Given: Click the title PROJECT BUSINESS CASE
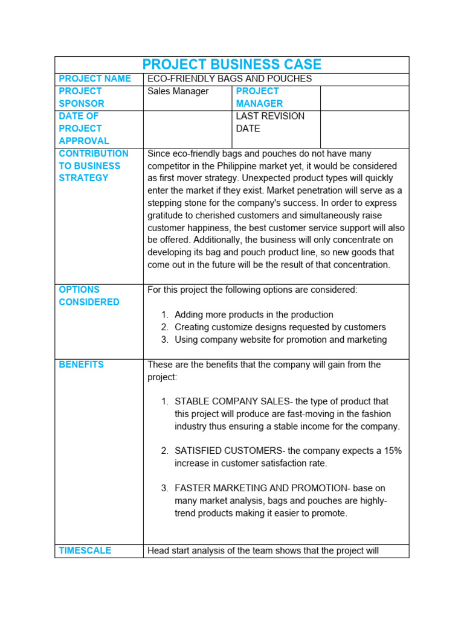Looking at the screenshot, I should point(232,65).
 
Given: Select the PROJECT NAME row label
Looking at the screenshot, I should point(95,79).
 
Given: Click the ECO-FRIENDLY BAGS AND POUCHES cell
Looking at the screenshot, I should point(230,79).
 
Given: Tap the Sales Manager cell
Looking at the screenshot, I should point(178,91).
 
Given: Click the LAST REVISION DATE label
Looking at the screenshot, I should point(270,122).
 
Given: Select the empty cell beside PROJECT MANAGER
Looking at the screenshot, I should point(364,98).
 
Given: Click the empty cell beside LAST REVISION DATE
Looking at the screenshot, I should point(364,129).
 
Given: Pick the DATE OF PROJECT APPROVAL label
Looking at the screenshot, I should point(84,129).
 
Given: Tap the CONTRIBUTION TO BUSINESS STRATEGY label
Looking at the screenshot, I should point(94,165).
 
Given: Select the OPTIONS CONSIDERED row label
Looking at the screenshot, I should point(89,296).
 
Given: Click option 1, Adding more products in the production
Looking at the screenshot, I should point(254,314).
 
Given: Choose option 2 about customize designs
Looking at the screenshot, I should point(280,327).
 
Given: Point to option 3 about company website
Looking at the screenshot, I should point(280,340).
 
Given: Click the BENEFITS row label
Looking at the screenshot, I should point(81,365).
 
